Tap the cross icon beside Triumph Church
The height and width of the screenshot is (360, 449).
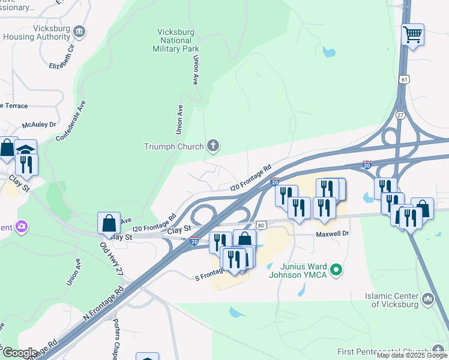(x=212, y=145)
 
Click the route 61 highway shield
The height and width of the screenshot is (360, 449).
(x=404, y=79)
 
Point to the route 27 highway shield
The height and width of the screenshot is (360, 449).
(x=401, y=115)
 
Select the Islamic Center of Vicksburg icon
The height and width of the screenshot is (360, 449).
(x=427, y=299)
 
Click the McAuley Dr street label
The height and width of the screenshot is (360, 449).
(x=39, y=125)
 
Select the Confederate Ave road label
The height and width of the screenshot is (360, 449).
(x=71, y=121)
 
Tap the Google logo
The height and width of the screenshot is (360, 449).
(x=19, y=353)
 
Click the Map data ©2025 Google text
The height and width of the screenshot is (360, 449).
(x=412, y=355)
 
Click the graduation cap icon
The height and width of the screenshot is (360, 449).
(x=26, y=149)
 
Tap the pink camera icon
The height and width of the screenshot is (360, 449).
(x=23, y=227)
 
